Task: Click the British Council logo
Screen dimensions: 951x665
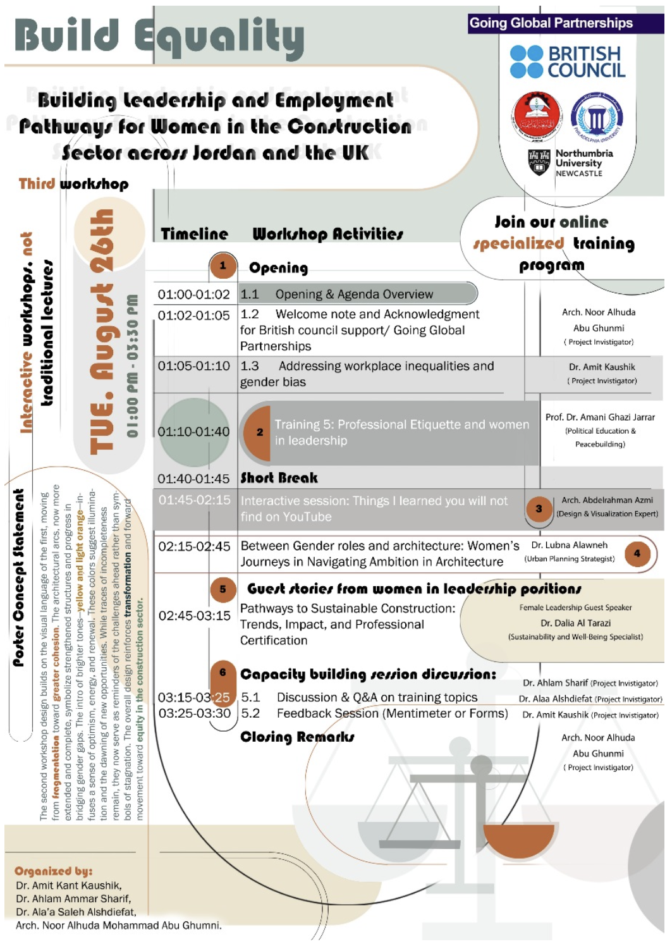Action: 567,61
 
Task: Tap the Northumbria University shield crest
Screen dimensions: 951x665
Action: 539,162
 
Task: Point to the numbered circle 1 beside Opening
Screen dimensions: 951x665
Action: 223,266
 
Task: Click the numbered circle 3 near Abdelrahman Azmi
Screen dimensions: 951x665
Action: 539,508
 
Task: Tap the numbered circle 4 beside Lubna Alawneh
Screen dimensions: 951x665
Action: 637,553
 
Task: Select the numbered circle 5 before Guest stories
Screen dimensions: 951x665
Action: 223,589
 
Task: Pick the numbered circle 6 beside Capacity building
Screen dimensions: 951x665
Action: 223,673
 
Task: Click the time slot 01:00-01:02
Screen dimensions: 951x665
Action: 193,295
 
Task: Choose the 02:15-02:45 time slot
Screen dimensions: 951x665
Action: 194,546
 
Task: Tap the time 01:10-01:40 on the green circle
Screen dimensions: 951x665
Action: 193,432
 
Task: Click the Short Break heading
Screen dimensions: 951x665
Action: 279,478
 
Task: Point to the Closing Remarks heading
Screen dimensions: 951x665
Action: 297,737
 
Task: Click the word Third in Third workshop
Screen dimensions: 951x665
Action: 37,184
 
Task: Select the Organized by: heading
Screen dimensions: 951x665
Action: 53,871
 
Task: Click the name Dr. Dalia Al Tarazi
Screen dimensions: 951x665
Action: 575,623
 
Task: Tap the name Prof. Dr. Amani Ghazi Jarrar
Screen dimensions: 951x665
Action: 600,417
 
